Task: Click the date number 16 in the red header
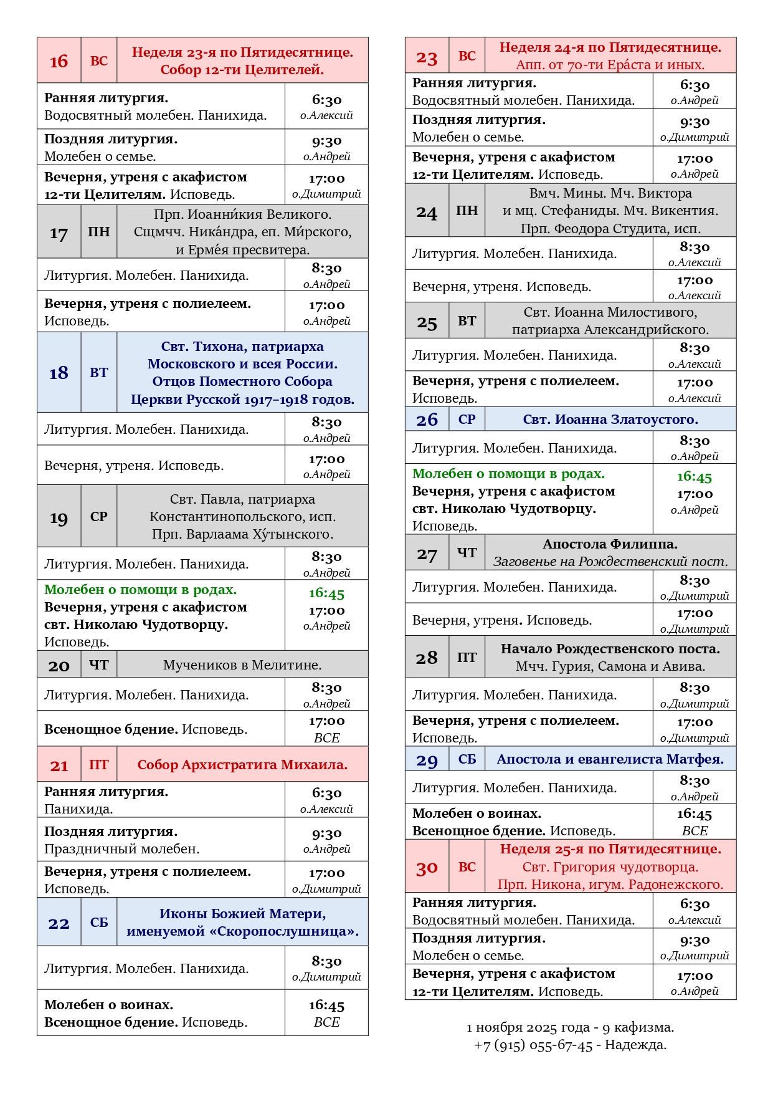click(59, 61)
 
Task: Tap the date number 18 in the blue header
click(59, 373)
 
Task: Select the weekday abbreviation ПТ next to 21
click(98, 765)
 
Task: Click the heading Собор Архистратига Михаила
click(242, 765)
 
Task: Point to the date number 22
click(59, 923)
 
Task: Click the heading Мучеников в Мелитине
click(242, 665)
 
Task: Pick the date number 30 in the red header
click(427, 868)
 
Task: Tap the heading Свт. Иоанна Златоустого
click(610, 420)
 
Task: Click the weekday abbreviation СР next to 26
click(467, 420)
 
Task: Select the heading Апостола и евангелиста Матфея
click(610, 759)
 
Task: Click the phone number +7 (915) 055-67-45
click(533, 1045)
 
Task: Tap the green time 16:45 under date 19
click(326, 593)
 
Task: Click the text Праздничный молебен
click(121, 849)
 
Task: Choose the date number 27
click(427, 554)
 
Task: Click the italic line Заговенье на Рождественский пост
click(610, 562)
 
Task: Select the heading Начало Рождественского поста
click(610, 649)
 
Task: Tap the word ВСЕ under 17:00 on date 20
click(326, 738)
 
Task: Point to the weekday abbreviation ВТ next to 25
click(467, 321)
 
